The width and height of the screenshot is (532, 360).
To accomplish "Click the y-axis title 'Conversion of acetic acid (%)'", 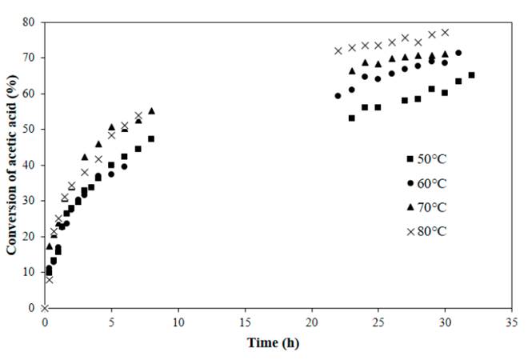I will [12, 165].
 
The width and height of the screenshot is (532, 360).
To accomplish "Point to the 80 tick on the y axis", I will [33, 22].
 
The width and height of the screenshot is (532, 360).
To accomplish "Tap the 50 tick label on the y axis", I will [33, 129].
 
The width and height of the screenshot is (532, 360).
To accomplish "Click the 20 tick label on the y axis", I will [33, 236].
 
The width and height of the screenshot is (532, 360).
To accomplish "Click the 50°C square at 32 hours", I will [472, 75].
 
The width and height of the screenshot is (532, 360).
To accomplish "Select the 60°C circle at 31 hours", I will [458, 53].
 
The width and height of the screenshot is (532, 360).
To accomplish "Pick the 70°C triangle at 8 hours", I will [151, 110].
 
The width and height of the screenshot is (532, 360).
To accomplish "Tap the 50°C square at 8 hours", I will [151, 138].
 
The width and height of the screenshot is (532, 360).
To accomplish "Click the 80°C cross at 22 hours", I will [338, 50].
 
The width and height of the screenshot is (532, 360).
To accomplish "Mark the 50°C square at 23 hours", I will [352, 118].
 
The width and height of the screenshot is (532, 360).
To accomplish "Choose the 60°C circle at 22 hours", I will [338, 95].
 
